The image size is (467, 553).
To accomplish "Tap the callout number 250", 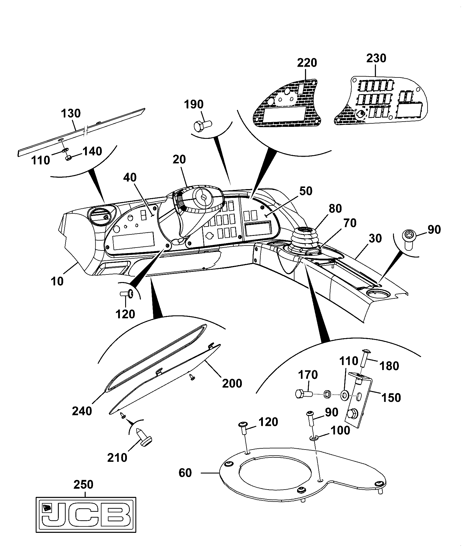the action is tap(84, 485).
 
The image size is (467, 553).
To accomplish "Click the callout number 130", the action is tap(71, 113).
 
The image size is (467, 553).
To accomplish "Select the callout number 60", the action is tap(185, 473).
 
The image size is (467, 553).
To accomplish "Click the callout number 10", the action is tap(57, 281).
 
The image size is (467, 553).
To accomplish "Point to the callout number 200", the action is tap(232, 383).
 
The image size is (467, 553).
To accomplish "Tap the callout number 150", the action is tap(391, 398).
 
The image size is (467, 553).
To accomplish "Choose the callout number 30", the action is tap(375, 238).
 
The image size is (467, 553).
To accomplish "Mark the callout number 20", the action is tap(179, 159).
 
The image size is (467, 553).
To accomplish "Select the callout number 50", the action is tap(306, 191).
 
